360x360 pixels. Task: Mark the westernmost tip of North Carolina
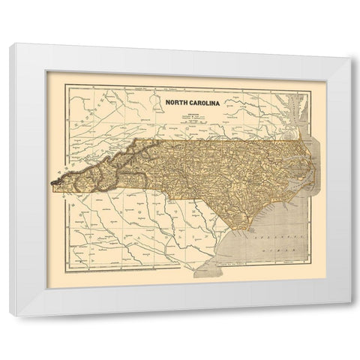(x=51, y=180)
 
